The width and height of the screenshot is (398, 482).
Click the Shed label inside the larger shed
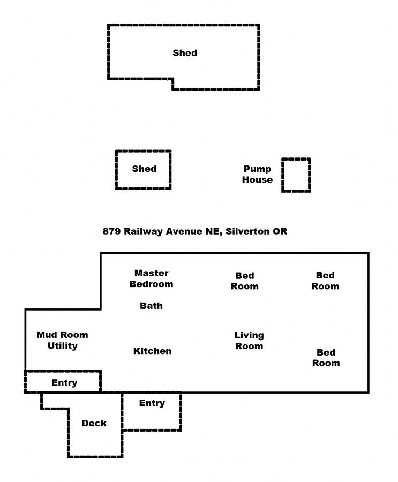pos(185,53)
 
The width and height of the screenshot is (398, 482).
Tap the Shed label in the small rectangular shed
pos(144,169)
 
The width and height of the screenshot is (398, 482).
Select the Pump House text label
pos(258,174)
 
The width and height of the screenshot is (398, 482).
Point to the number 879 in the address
pos(111,231)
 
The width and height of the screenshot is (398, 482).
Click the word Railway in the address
pos(144,231)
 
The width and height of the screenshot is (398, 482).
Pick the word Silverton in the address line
pos(247,231)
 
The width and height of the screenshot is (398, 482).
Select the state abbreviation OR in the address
pos(280,231)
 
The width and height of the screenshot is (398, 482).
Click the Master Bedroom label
pos(152,278)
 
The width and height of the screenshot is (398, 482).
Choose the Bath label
pos(152,306)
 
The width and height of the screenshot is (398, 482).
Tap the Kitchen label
pos(153,351)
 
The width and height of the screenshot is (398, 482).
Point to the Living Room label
pos(249,341)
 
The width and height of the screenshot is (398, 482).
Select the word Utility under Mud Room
pos(63,346)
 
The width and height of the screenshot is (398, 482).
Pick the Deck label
pos(94,423)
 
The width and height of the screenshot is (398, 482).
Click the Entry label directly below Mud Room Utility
pos(64,383)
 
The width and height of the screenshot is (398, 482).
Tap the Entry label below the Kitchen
pos(152,403)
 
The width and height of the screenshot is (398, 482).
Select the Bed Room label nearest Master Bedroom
pos(245,281)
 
